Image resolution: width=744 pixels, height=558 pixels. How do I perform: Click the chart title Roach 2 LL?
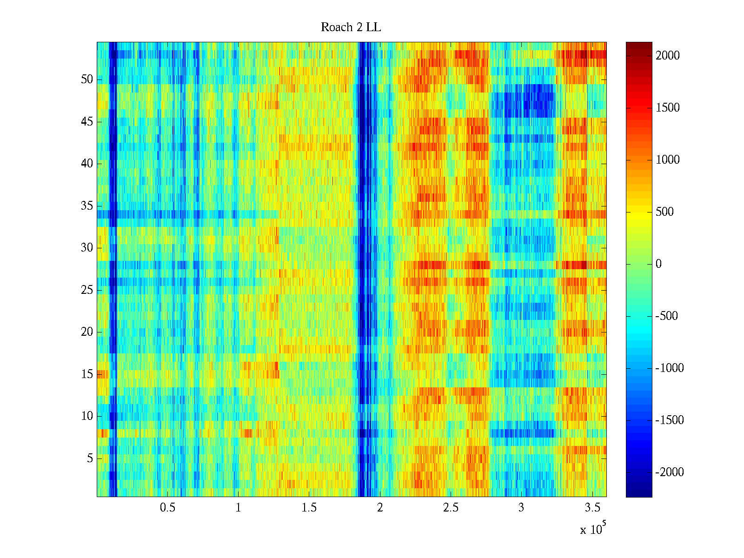(x=351, y=27)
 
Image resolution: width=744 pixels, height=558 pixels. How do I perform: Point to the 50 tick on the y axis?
(x=87, y=80)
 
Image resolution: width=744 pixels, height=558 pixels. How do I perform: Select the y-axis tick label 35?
(x=87, y=206)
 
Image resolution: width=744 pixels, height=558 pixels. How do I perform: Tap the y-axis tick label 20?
(x=87, y=332)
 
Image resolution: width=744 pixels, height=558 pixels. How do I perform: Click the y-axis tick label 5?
(x=90, y=458)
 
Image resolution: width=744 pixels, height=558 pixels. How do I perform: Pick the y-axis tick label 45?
(x=87, y=122)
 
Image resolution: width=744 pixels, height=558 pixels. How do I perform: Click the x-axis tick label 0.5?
(x=167, y=508)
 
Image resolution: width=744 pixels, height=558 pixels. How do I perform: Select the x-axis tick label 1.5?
(x=309, y=508)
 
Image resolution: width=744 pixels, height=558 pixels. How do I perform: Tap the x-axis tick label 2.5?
(x=451, y=508)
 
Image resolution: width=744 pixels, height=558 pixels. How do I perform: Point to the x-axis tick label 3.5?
(x=592, y=508)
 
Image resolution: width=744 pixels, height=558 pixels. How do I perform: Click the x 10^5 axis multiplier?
(x=593, y=529)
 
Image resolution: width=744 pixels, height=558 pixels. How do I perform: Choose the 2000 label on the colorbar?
(x=668, y=56)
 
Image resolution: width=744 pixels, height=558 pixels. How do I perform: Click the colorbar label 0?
(x=658, y=264)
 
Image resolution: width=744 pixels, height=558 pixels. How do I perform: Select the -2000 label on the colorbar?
(x=670, y=472)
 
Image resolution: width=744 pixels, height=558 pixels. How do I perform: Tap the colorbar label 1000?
(x=668, y=160)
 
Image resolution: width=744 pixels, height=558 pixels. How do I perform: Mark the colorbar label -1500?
(x=670, y=420)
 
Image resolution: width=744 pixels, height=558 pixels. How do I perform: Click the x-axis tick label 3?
(x=521, y=508)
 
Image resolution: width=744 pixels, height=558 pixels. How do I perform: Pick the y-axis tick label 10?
(x=87, y=416)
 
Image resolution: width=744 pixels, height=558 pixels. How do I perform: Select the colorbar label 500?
(x=665, y=212)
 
